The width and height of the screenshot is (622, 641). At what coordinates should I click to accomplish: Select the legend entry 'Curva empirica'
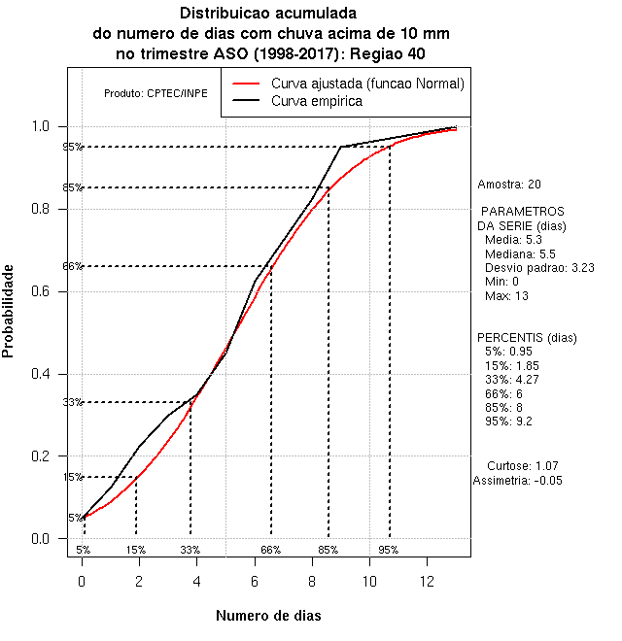[x=317, y=101]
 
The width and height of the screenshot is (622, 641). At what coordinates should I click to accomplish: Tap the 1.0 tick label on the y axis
[x=45, y=126]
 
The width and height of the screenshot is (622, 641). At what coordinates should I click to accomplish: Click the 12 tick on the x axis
[x=427, y=557]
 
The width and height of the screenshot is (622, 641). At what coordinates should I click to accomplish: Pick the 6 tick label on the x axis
[x=255, y=581]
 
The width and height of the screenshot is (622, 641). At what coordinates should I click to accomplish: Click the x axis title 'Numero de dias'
[x=268, y=616]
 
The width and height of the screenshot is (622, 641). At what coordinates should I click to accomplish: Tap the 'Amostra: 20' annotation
[x=509, y=184]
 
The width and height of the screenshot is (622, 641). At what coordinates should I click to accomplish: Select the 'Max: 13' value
[x=505, y=295]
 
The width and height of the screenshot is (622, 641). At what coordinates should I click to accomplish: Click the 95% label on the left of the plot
[x=72, y=148]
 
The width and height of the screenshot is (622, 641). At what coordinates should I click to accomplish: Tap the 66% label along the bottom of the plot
[x=270, y=550]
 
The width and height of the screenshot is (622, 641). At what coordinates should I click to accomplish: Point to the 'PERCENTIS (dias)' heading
[x=520, y=338]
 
